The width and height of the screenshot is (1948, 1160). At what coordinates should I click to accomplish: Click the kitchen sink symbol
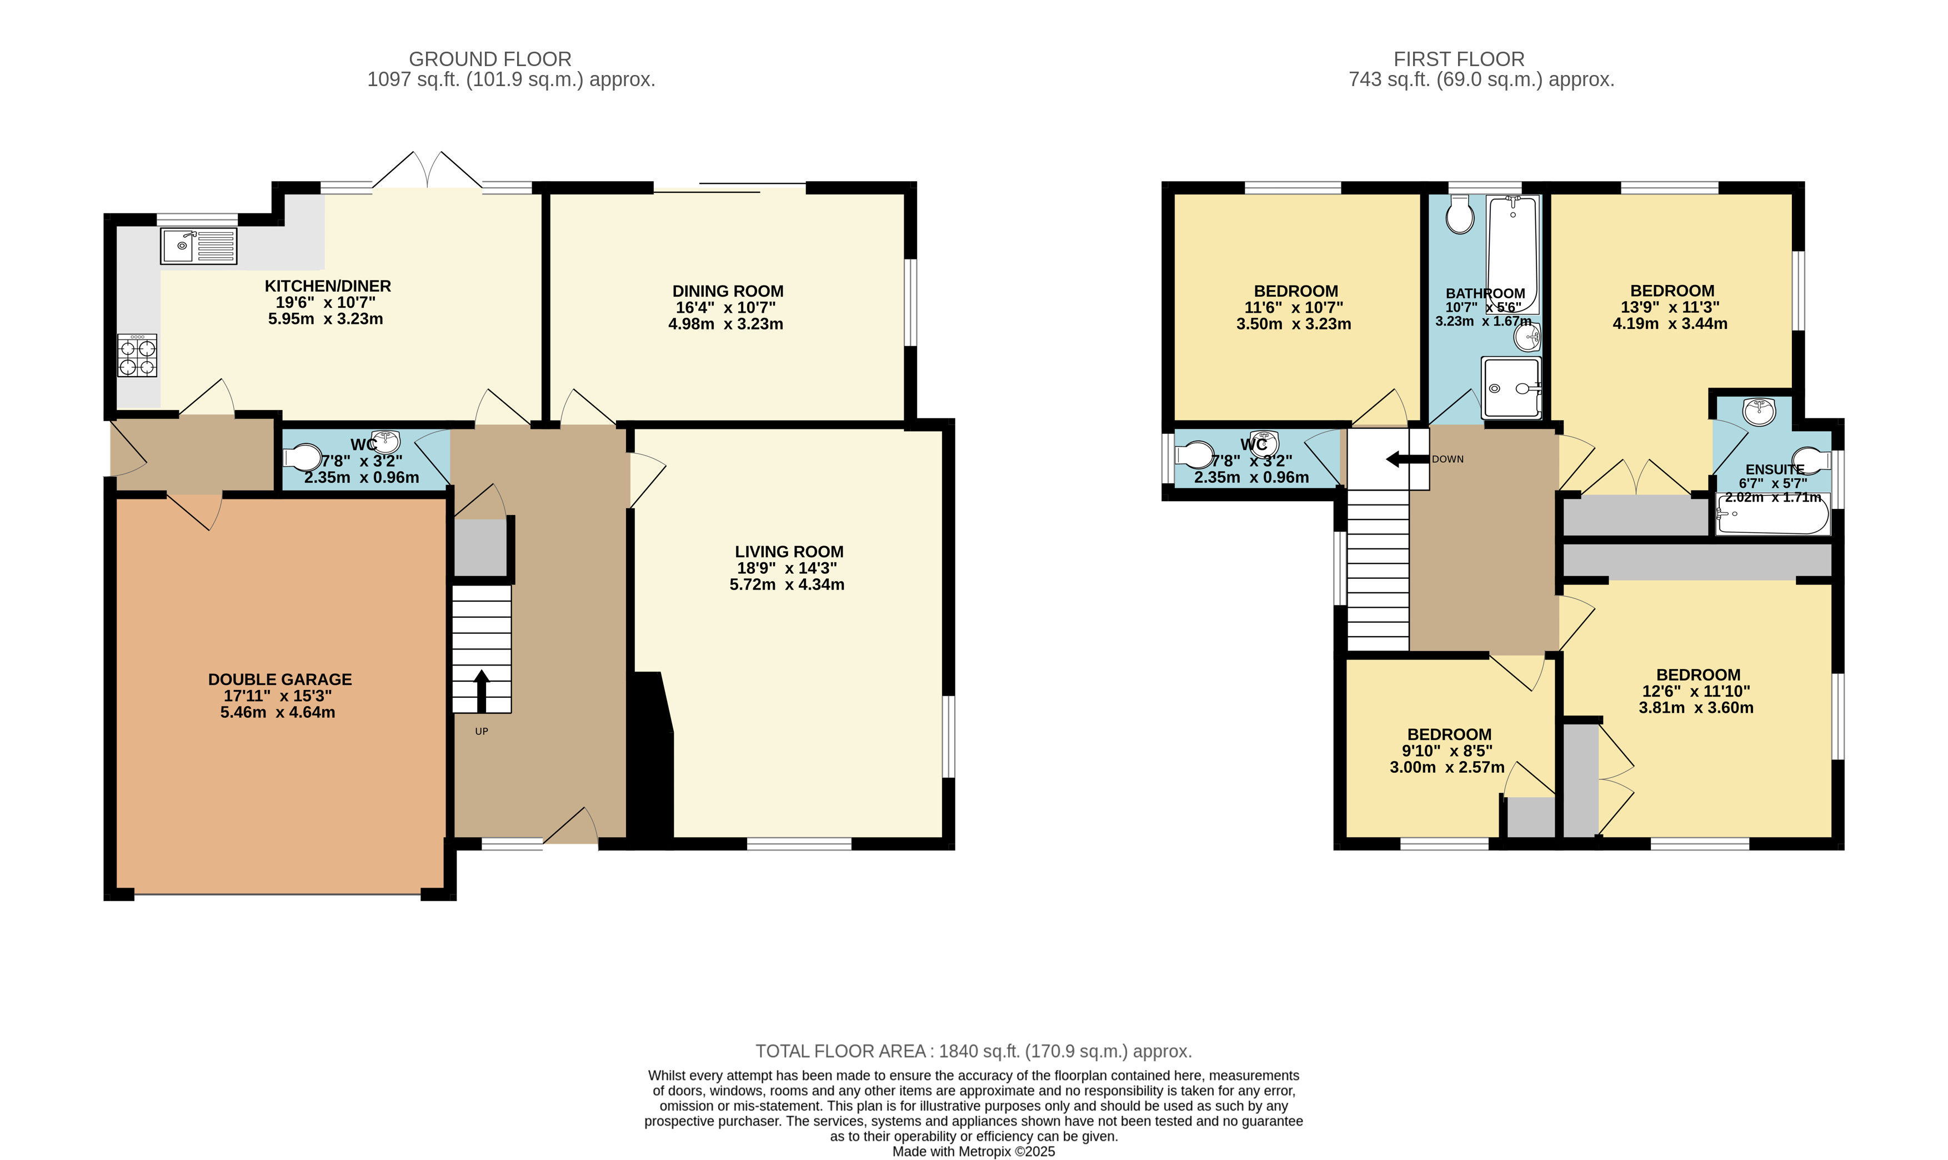[198, 246]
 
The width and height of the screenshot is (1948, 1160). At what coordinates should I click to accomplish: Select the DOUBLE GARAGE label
[280, 679]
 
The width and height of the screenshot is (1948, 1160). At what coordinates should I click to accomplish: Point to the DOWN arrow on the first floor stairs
[1406, 459]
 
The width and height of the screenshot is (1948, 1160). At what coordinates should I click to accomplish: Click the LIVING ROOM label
[788, 551]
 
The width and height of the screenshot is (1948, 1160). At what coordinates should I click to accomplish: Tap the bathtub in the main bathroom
[1513, 254]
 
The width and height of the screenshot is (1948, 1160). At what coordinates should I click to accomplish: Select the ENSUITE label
[1775, 469]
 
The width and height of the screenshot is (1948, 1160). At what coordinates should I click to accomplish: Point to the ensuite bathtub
[1772, 515]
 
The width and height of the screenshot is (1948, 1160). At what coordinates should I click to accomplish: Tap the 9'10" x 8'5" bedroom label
[1447, 751]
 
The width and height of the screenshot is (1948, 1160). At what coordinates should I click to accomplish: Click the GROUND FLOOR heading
[490, 59]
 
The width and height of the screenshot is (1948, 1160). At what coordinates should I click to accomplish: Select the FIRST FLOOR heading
[1458, 59]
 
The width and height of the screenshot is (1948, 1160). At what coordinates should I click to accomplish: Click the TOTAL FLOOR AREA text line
[973, 1051]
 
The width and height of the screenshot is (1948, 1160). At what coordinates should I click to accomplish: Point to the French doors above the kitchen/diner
[427, 171]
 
